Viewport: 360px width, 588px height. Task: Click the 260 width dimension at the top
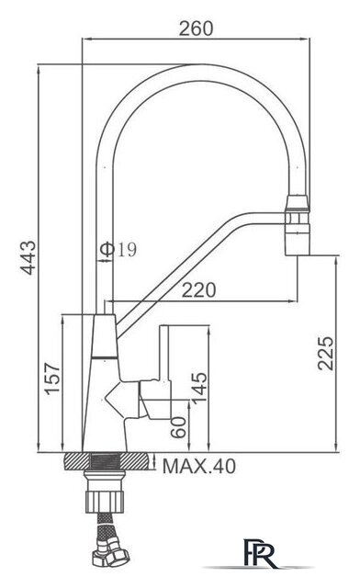(196, 28)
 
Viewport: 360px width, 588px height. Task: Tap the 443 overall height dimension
(28, 257)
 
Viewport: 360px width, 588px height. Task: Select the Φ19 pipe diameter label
(118, 249)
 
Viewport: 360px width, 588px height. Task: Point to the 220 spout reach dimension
(198, 290)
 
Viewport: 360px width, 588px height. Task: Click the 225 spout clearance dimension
(325, 353)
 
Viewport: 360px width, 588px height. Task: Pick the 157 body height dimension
(52, 378)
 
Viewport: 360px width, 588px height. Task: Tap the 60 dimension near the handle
(178, 426)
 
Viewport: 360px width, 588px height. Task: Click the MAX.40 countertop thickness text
(199, 466)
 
